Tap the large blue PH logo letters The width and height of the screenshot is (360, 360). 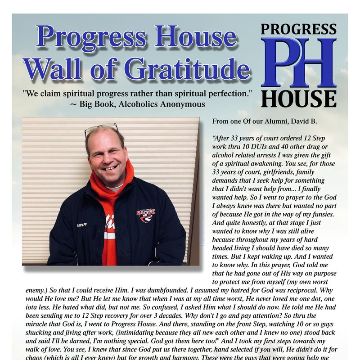coord(298,63)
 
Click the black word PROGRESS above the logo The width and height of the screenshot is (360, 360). coord(298,29)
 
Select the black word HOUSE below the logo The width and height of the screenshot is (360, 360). coord(298,99)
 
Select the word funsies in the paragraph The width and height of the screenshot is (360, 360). coord(331,214)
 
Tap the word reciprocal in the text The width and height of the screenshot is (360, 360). coord(299,291)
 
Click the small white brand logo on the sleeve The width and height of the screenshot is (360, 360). coord(81,224)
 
